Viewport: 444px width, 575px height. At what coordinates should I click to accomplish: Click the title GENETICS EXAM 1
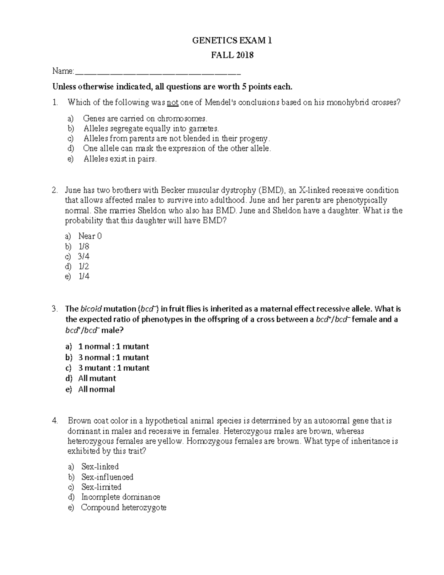(x=232, y=41)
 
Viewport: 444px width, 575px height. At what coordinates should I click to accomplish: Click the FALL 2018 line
(x=232, y=55)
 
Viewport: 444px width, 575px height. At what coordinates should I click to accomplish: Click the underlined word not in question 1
(x=173, y=103)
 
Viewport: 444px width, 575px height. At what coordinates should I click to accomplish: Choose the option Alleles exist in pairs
(x=120, y=159)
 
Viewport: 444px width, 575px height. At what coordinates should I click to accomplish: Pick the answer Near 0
(x=90, y=236)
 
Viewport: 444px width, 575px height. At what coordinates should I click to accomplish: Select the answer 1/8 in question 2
(x=84, y=247)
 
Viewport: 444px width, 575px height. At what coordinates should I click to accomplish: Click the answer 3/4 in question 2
(x=84, y=257)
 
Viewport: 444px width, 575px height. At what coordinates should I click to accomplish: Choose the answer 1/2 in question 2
(x=84, y=267)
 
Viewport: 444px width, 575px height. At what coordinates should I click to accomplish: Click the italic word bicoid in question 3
(x=91, y=309)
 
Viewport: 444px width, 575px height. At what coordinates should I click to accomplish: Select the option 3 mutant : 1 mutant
(x=114, y=368)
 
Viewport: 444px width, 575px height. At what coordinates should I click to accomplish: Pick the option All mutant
(x=97, y=378)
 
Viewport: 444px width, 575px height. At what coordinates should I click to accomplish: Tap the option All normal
(x=96, y=389)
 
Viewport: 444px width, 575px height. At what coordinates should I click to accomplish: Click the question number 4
(x=55, y=421)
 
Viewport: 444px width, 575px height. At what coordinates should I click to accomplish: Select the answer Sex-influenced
(x=107, y=477)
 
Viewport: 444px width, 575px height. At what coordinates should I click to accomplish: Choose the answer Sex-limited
(x=101, y=487)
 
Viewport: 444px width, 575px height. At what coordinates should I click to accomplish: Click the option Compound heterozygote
(x=124, y=507)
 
